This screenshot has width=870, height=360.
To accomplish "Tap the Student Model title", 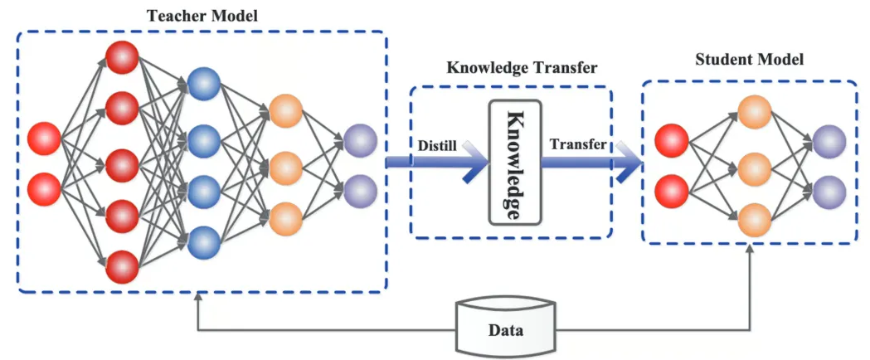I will coord(749,61).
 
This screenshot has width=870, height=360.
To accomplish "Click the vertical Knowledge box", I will coord(514,163).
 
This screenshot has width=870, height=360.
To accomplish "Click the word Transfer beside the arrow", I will coord(578,144).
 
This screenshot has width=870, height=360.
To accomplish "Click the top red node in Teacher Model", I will coord(122,56).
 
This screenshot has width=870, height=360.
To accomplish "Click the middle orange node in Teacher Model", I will coord(285,164).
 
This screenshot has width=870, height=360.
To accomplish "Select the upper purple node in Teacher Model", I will coord(360,139).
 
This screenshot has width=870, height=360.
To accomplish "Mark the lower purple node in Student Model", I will coord(829,192).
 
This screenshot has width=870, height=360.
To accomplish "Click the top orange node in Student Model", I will coord(755,112).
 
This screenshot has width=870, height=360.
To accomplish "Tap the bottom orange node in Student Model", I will coord(755,220).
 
